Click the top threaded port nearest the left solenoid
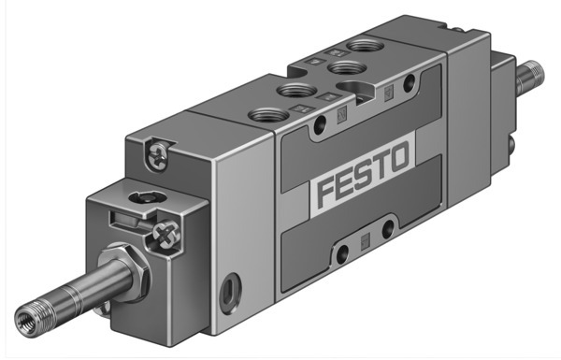tap(263, 117)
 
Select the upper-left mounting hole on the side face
tap(321, 123)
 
